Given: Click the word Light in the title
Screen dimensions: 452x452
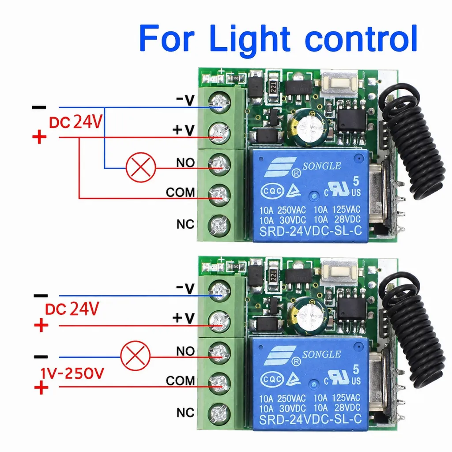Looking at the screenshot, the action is tap(250, 39).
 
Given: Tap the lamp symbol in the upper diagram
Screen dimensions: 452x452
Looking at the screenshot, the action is tap(141, 167).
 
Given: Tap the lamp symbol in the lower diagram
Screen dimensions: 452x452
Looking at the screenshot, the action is tap(135, 356).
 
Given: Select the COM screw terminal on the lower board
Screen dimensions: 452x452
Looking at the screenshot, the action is tap(219, 383).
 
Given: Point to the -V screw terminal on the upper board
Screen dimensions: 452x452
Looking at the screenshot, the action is tap(219, 102).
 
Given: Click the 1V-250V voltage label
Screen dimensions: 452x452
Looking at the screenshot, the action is tap(72, 373).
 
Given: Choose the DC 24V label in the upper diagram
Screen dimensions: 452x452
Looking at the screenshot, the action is tap(75, 122).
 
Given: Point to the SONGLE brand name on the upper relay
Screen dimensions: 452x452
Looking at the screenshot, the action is tap(321, 166).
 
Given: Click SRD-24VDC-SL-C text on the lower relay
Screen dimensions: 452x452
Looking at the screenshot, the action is tap(310, 419).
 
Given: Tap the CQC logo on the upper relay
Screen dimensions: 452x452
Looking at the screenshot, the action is tap(272, 191).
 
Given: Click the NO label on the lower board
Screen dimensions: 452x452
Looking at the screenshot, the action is tap(185, 351).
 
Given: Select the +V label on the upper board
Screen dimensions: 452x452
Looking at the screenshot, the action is tap(184, 130).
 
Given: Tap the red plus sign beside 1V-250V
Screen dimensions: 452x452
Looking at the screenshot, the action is tap(41, 388).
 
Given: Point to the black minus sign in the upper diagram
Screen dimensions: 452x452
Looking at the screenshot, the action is tap(39, 108).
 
